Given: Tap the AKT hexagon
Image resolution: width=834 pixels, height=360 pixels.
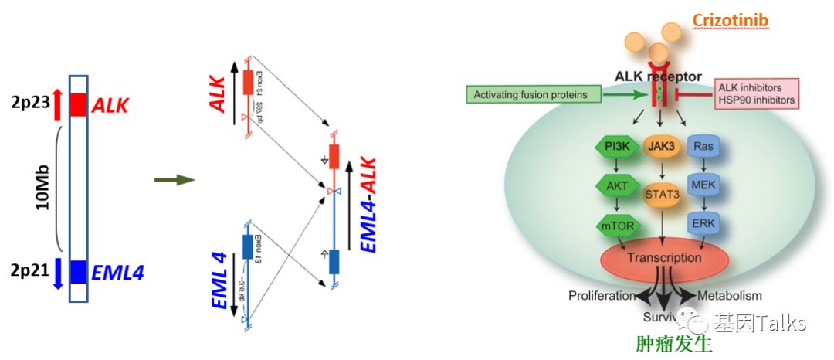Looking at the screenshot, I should point(615,185).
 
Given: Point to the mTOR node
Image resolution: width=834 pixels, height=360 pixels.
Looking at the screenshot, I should point(615,226).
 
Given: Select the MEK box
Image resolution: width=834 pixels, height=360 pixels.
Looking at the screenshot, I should point(703,185).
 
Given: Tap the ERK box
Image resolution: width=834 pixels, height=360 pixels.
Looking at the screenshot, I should point(703,223).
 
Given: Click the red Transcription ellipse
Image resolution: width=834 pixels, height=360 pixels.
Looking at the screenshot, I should point(663,259).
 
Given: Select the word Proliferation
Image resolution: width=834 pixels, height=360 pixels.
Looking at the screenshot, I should point(602,296).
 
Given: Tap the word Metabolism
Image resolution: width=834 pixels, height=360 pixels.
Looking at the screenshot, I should point(729,296).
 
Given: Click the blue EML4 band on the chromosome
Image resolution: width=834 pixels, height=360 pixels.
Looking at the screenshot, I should point(78,271).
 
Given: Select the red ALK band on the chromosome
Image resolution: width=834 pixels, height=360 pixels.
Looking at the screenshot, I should point(78,104).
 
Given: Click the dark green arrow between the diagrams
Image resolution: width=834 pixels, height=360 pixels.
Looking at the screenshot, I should point(174,180).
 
